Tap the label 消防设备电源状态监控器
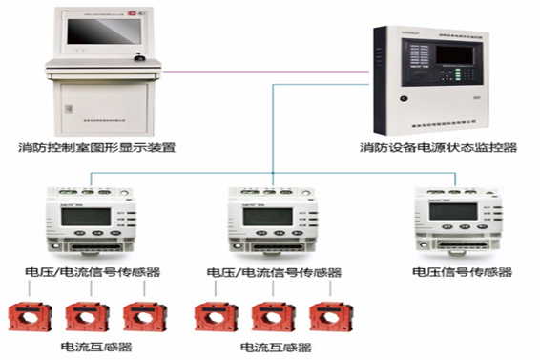click(x=438, y=148)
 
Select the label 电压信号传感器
click(x=462, y=272)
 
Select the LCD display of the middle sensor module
click(x=260, y=217)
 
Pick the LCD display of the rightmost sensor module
click(x=447, y=212)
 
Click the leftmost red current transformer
click(x=29, y=317)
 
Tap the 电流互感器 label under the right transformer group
click(x=276, y=346)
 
